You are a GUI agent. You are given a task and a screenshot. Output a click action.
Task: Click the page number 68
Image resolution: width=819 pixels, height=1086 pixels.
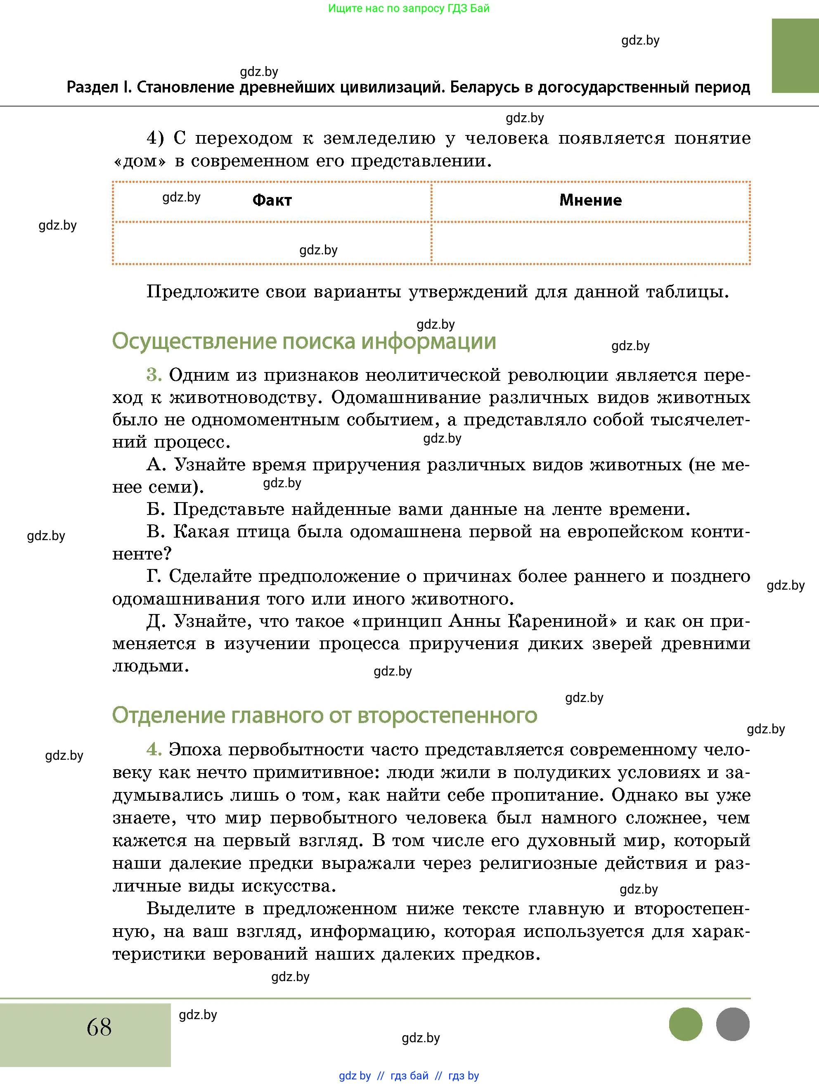pyautogui.click(x=99, y=1027)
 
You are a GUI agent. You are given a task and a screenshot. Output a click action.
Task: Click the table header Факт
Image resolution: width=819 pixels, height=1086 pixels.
pyautogui.click(x=272, y=200)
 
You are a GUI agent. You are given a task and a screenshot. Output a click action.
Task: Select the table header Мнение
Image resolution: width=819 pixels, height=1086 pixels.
pyautogui.click(x=590, y=200)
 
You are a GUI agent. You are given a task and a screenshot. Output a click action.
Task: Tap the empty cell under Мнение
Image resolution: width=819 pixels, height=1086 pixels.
pyautogui.click(x=590, y=243)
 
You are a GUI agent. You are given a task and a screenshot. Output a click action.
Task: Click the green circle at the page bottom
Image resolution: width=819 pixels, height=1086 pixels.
pyautogui.click(x=686, y=1024)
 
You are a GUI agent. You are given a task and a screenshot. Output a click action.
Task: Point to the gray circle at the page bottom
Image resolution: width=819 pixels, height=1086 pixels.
pyautogui.click(x=733, y=1024)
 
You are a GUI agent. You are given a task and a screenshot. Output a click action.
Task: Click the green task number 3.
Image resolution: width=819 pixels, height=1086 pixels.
pyautogui.click(x=154, y=375)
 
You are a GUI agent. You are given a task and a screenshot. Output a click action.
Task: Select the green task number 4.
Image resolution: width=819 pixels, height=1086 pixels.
pyautogui.click(x=154, y=750)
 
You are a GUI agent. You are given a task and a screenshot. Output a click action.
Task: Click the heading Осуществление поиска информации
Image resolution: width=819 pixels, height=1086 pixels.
pyautogui.click(x=304, y=341)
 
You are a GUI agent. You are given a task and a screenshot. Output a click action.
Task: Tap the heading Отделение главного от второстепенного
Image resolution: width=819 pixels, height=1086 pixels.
pyautogui.click(x=324, y=715)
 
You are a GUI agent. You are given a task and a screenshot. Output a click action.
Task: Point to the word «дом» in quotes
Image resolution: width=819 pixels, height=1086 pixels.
pyautogui.click(x=139, y=161)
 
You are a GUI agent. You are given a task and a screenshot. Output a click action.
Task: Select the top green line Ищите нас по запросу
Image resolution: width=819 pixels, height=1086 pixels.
pyautogui.click(x=408, y=8)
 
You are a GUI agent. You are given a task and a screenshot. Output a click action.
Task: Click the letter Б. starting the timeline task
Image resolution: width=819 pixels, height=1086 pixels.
pyautogui.click(x=155, y=510)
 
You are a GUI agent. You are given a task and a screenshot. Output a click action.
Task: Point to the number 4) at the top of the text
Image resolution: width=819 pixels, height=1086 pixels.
pyautogui.click(x=155, y=138)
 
